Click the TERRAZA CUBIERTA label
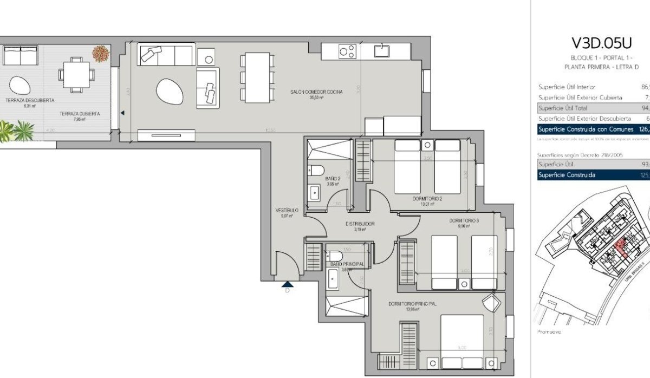point(80,114)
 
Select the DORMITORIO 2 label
point(427,199)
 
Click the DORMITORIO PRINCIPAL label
point(412,304)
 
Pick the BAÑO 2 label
point(332,179)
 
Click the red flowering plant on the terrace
point(100,54)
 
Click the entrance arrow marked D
point(287,283)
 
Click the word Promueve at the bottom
point(549,331)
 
